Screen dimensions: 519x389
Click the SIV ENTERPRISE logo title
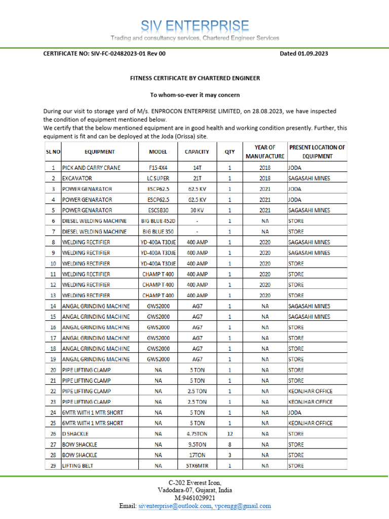195,26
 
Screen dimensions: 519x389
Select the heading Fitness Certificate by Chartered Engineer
195,78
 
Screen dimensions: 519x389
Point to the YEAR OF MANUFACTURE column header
265,152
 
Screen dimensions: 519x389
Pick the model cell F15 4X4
159,168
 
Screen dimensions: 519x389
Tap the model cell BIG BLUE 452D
159,221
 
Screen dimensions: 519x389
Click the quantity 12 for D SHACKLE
229,434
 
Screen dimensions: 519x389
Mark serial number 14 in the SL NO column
53,306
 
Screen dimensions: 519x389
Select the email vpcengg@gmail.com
243,506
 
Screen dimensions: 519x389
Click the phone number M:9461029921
195,498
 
